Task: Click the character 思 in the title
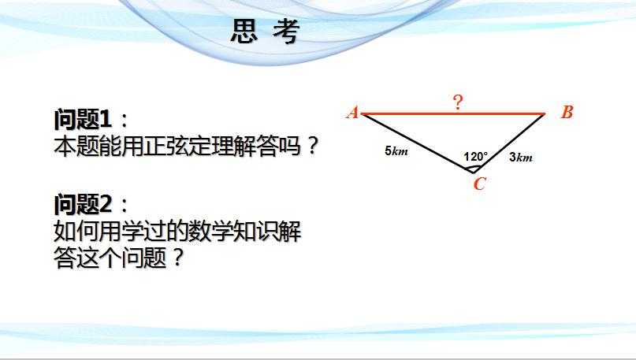244,32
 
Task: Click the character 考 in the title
286,32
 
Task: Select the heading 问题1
83,119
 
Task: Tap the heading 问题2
83,204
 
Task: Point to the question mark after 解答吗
312,146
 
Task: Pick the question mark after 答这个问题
177,257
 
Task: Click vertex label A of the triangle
353,113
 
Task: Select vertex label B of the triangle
567,112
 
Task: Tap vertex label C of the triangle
479,184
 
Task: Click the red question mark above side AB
458,102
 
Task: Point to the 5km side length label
396,151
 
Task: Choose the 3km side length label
521,157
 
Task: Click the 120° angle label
475,157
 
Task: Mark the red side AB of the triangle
453,114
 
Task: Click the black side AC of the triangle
418,143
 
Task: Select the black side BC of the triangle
509,143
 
